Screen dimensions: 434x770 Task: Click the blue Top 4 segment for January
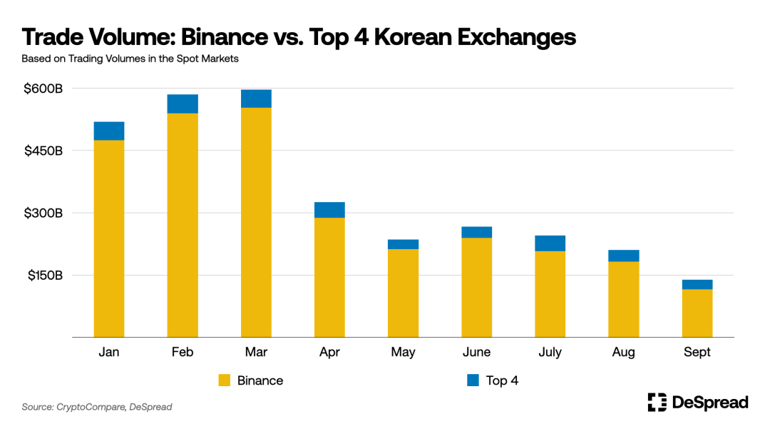pyautogui.click(x=109, y=131)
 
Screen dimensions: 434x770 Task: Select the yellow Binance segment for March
pyautogui.click(x=256, y=222)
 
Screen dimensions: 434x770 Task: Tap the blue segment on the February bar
pyautogui.click(x=183, y=104)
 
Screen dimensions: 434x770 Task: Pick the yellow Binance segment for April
pyautogui.click(x=329, y=277)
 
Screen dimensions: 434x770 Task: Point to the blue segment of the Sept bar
pyautogui.click(x=697, y=284)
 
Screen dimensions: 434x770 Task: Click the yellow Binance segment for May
pyautogui.click(x=403, y=293)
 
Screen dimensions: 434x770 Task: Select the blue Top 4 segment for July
pyautogui.click(x=550, y=243)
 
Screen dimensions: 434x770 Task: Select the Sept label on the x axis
pyautogui.click(x=697, y=352)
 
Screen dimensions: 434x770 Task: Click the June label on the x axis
pyautogui.click(x=476, y=352)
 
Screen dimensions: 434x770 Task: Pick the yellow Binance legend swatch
pyautogui.click(x=225, y=380)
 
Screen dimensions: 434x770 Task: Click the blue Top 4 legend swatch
pyautogui.click(x=473, y=380)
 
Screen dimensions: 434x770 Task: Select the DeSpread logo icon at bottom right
pyautogui.click(x=657, y=403)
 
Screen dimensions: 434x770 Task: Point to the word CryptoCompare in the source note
pyautogui.click(x=91, y=407)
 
